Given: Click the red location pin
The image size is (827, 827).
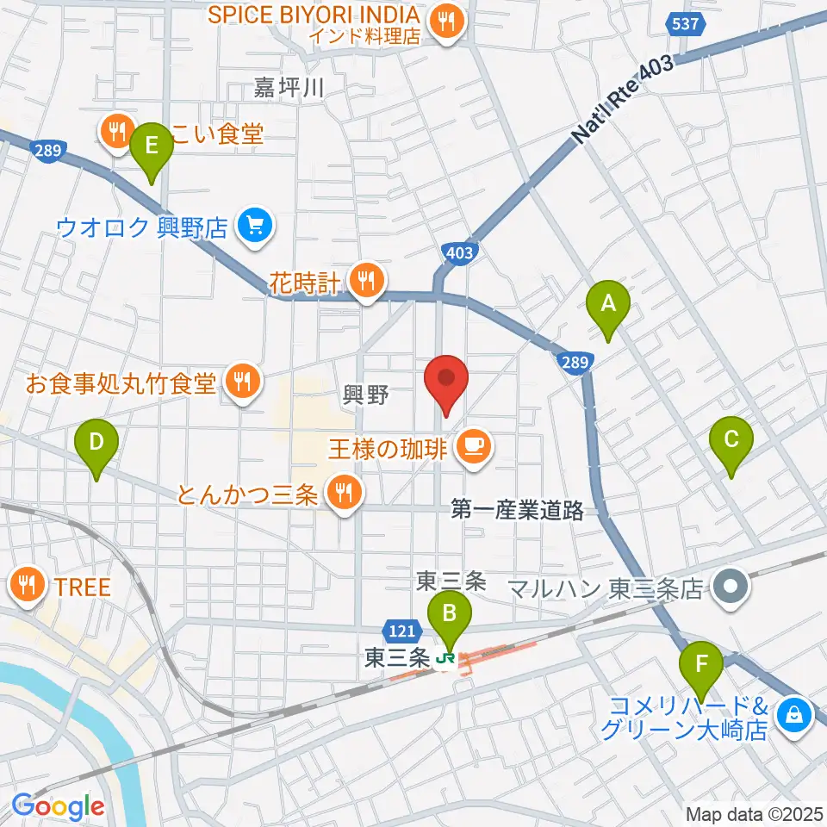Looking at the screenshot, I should (446, 383).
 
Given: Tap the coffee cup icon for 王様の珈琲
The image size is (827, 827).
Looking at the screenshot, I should (473, 445).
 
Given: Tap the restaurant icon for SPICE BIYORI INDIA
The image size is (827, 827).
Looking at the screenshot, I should (446, 23).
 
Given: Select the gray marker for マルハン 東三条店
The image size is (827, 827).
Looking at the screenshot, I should (731, 589).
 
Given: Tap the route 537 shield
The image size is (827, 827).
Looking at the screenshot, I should (685, 23).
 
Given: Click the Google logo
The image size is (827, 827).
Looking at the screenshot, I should (58, 805).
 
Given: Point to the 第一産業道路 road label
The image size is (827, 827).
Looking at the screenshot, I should (518, 511).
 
